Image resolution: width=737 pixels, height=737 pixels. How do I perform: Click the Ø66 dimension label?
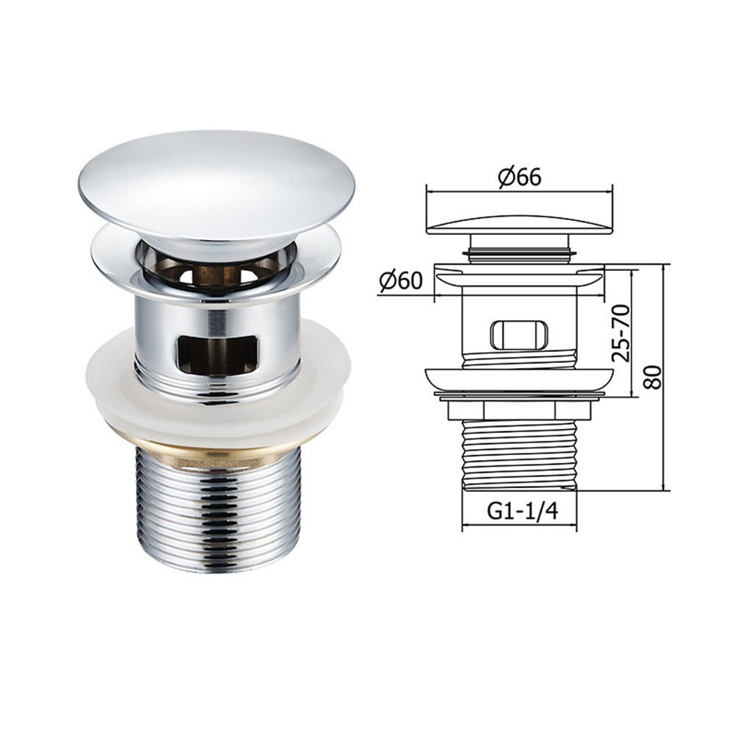519,177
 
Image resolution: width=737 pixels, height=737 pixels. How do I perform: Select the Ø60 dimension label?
401,281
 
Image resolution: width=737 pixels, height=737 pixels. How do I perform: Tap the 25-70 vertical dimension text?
621,332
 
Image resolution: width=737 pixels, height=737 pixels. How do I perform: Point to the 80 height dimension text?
652,376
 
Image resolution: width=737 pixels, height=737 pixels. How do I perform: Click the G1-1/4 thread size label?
522,511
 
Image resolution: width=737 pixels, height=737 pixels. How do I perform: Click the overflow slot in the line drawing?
519,335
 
